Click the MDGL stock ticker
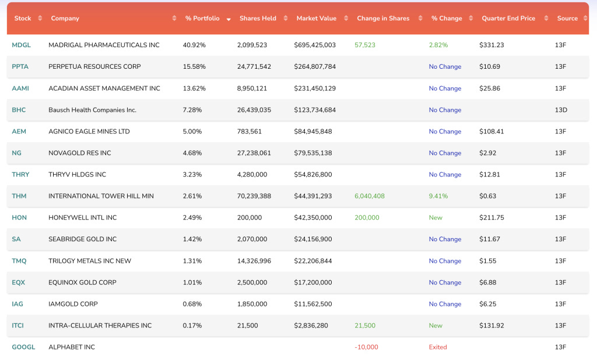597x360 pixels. (x=21, y=45)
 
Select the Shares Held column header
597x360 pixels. (x=258, y=19)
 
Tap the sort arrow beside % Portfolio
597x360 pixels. (x=227, y=19)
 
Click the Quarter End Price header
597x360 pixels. (x=508, y=19)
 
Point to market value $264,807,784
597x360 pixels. (x=316, y=66)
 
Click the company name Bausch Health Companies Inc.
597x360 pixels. (x=92, y=110)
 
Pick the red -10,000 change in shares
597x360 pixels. (x=366, y=347)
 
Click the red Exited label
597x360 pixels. (x=438, y=347)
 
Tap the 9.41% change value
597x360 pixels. (x=438, y=196)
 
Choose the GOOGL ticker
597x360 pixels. (x=23, y=347)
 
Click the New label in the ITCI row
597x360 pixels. (x=436, y=326)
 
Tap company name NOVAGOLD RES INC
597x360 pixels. (x=80, y=153)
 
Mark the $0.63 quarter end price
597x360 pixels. (x=487, y=196)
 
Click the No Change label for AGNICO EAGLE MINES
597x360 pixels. (x=445, y=132)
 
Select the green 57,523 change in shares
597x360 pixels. (x=365, y=45)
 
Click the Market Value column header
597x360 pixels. (x=316, y=19)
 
